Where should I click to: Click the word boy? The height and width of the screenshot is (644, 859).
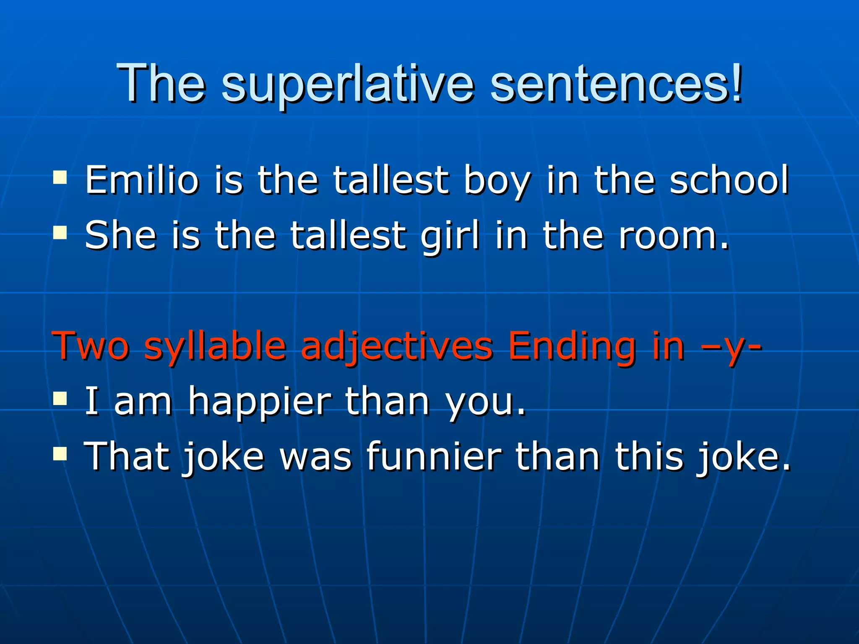pos(497,181)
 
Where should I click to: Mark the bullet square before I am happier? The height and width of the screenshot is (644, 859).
pos(60,399)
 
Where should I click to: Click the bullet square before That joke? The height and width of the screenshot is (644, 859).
pos(60,453)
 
